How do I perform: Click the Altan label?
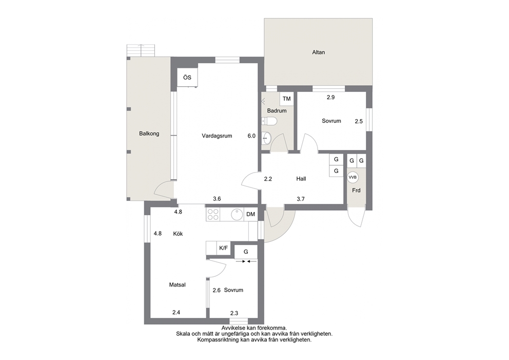pos(318,52)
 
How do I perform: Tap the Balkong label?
pos(149,134)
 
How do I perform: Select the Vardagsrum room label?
pos(217,136)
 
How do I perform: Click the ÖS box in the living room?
pos(187,78)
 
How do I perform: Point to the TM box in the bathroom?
pos(287,99)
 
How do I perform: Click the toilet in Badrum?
pos(269,121)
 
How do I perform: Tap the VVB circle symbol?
pos(353,177)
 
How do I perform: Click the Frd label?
pos(356,191)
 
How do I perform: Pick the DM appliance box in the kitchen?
pos(250,215)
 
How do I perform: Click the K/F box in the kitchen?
pos(223,248)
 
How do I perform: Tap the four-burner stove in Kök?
pos(213,215)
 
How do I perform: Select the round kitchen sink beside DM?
pos(237,215)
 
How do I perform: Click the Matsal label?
pos(177,285)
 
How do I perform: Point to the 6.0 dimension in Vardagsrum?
pos(251,136)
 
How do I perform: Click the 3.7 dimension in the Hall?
pos(301,199)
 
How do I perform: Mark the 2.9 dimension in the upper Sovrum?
pos(330,97)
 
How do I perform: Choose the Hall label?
pos(301,179)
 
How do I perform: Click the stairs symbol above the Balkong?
pos(142,50)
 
